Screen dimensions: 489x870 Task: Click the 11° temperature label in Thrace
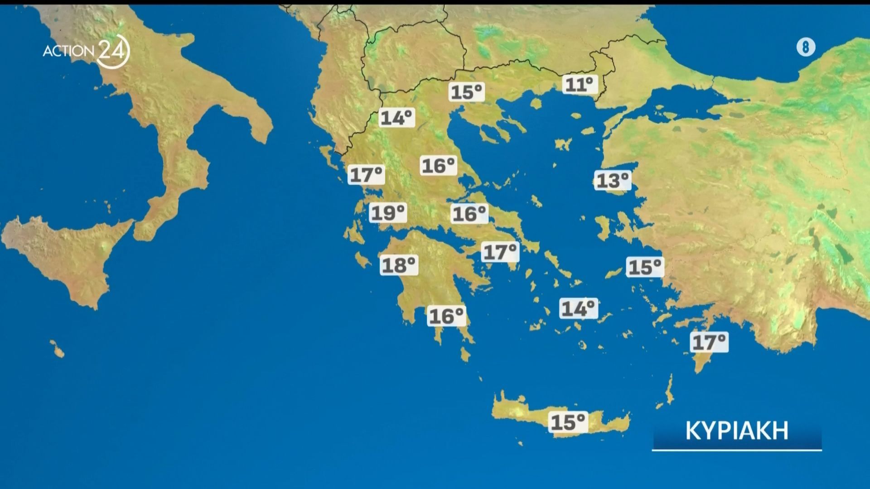580,85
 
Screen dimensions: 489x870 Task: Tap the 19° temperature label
388,213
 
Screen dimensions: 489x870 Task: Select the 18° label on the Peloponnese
399,265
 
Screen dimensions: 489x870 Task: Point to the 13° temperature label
613,181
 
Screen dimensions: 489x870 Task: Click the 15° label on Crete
568,422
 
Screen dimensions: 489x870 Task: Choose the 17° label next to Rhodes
709,342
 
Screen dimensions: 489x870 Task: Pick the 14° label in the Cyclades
579,309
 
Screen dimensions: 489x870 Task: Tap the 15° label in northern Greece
467,92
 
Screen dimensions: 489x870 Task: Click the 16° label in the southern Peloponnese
447,316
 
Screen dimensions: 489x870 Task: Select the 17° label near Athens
500,252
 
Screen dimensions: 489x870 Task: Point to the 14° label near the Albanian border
396,118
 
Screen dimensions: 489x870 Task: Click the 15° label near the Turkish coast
645,267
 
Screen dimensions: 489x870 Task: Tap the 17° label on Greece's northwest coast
366,175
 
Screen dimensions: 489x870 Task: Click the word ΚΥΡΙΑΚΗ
737,431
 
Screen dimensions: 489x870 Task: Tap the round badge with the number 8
805,47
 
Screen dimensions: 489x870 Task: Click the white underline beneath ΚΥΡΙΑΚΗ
737,450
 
